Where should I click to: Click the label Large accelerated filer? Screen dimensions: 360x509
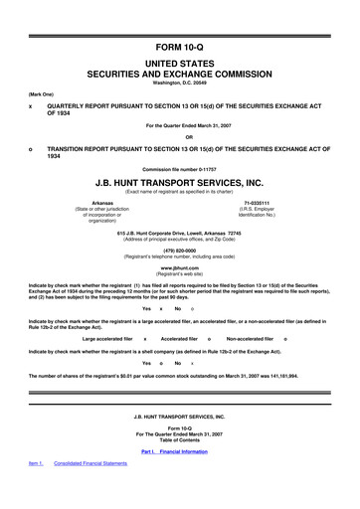click(x=108, y=339)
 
